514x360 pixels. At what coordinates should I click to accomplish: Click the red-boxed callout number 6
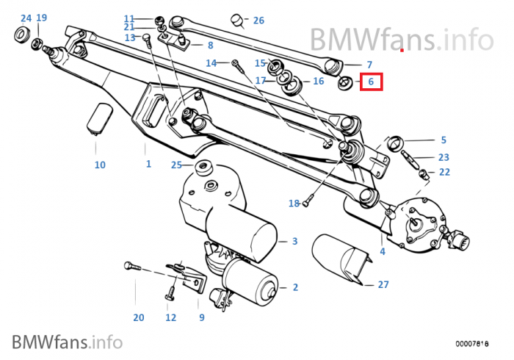tap(372, 83)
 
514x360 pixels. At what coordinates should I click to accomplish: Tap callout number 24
tap(26, 18)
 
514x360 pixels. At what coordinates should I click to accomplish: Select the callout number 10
tap(100, 165)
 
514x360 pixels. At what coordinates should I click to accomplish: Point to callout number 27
tap(383, 284)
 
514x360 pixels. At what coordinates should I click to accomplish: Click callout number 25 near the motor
tap(176, 165)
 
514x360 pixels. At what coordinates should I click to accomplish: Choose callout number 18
tap(294, 203)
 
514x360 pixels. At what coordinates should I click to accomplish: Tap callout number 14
tap(211, 63)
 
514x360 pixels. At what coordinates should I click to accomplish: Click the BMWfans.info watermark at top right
tap(401, 37)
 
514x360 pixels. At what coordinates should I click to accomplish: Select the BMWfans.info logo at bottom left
tap(66, 341)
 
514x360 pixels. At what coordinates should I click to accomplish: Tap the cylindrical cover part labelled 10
tap(98, 119)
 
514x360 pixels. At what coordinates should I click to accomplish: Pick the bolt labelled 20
tap(131, 265)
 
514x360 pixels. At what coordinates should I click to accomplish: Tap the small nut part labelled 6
tap(345, 84)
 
